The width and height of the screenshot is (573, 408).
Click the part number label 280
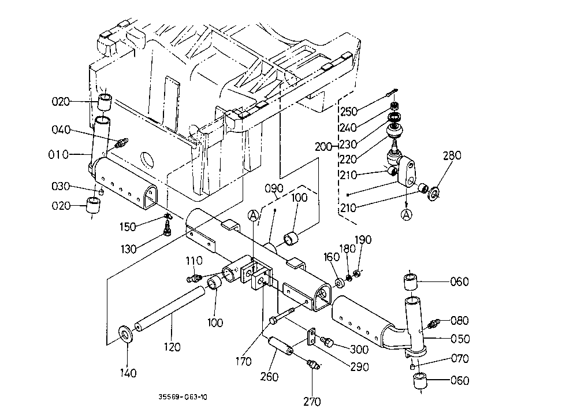coord(452,155)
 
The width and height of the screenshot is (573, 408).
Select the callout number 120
coord(172,347)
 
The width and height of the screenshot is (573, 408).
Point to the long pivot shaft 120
coord(170,309)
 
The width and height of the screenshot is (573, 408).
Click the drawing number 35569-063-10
coord(183,397)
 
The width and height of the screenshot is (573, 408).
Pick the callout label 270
coord(312,401)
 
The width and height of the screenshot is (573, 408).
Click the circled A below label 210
coord(407,215)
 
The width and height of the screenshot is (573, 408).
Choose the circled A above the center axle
coord(253,216)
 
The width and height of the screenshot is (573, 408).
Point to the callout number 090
coord(274,188)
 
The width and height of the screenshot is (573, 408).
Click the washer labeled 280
coord(434,194)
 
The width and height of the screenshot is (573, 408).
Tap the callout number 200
coord(324,147)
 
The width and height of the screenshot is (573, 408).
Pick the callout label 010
coord(58,155)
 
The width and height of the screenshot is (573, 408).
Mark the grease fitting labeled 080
coord(433,324)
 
